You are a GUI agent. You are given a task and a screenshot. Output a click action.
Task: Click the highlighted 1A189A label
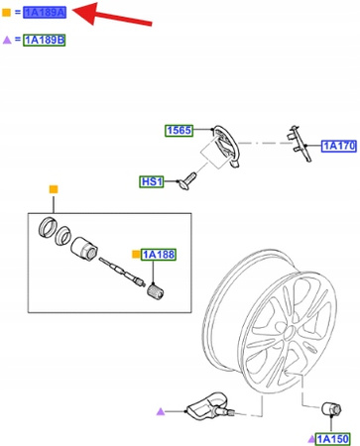[45, 13]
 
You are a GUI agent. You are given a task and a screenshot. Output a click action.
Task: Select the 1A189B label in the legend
[44, 40]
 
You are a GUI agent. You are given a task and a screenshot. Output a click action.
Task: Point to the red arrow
[111, 15]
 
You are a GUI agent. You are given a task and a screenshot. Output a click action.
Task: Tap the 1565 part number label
[179, 130]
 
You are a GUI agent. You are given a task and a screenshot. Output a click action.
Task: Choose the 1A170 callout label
[339, 146]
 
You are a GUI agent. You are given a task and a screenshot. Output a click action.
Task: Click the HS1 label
[152, 181]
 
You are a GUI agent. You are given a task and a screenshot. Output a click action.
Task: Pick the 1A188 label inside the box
[159, 255]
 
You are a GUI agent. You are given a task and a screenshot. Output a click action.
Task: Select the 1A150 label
[332, 439]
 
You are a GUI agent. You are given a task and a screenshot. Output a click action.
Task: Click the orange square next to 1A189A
[6, 13]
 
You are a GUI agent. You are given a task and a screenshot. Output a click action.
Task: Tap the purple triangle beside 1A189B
[7, 40]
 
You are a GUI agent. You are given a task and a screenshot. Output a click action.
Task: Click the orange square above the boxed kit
[54, 189]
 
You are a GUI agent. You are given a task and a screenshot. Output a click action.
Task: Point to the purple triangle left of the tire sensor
[161, 411]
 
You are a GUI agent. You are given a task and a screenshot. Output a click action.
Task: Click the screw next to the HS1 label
[186, 180]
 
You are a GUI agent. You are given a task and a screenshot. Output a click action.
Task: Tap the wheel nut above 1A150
[331, 409]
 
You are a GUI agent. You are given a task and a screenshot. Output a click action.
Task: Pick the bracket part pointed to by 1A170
[300, 144]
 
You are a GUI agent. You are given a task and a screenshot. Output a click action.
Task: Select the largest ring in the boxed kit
[48, 227]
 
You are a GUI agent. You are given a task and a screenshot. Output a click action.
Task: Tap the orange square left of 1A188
[136, 255]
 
